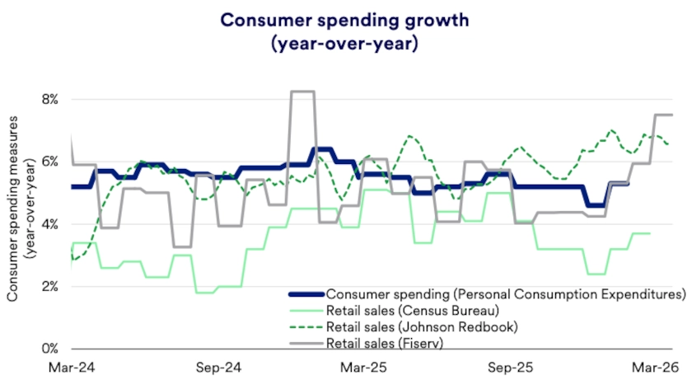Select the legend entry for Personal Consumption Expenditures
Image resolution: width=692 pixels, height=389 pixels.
pos(505,293)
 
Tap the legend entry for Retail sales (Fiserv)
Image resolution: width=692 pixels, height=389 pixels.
pos(385,343)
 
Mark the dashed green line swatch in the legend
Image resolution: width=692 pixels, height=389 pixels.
pos(306,326)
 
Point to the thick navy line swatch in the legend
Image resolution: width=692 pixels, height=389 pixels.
pos(306,293)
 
